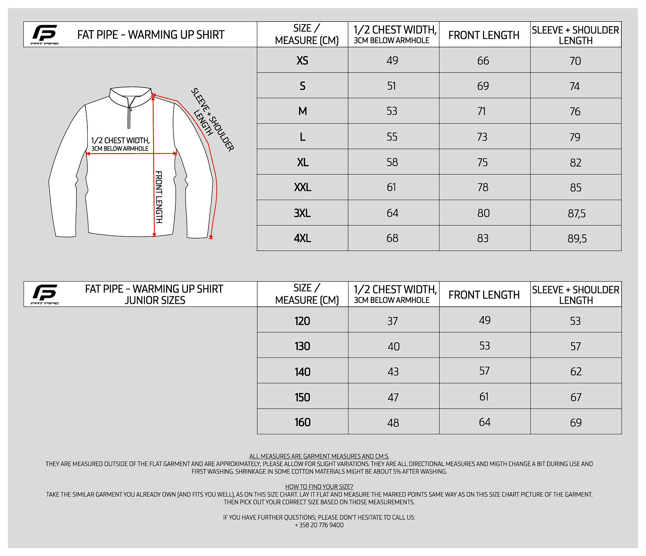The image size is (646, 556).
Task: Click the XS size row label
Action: tap(302, 60)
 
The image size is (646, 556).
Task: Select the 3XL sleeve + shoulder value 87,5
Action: tap(576, 213)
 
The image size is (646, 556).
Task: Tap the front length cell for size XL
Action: tap(482, 162)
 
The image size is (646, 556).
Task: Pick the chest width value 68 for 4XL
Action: tap(392, 238)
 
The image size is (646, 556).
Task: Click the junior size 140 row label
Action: tap(302, 372)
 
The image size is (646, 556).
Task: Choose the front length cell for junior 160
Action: tap(485, 422)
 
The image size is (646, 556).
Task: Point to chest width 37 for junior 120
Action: tap(392, 321)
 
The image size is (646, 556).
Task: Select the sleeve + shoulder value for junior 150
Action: tap(576, 397)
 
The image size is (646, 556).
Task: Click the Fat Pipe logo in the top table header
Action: tap(44, 34)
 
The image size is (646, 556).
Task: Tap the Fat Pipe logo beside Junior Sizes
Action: tap(44, 294)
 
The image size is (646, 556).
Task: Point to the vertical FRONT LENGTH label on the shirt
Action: tap(159, 197)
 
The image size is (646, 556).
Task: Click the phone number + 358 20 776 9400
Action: tap(319, 525)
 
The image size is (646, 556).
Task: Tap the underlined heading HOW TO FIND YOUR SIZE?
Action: tap(319, 487)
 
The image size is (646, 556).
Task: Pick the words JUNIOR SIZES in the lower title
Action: tap(155, 300)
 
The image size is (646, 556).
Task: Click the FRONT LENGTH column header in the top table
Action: tap(484, 35)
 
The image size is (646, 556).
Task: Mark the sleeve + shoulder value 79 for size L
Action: tap(575, 137)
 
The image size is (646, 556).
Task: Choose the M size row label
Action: tap(302, 111)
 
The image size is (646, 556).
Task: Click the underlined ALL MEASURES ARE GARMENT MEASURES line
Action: tap(319, 456)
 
